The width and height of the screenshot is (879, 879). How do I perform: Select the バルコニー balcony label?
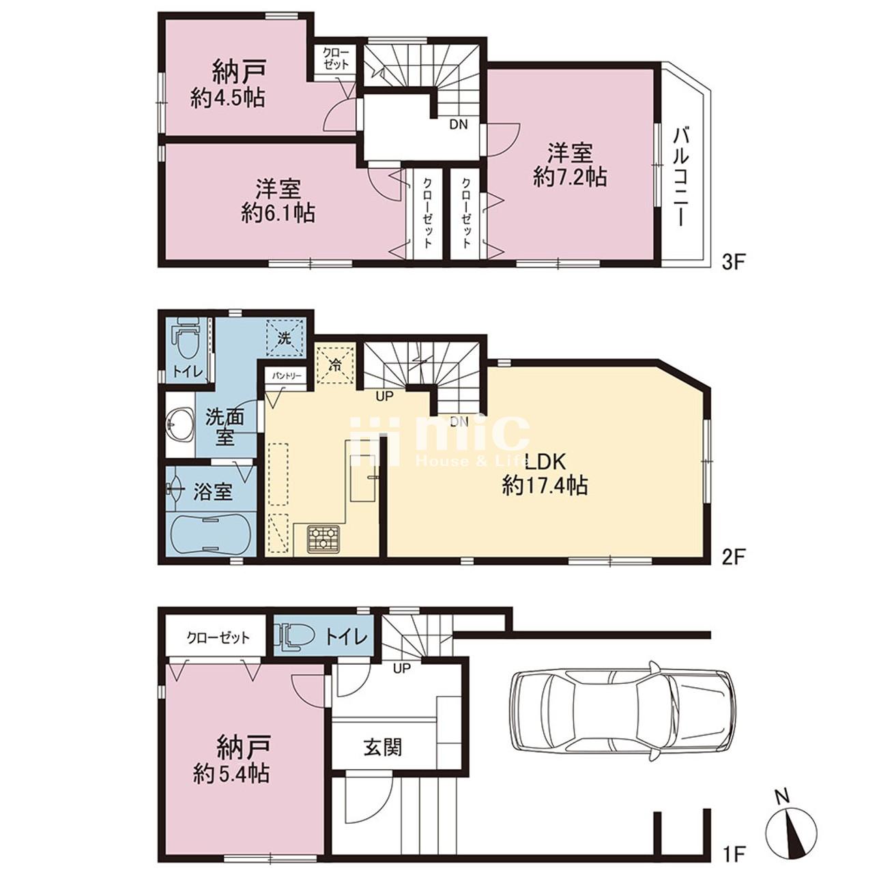click(682, 177)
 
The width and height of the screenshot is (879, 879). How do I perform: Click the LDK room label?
click(545, 462)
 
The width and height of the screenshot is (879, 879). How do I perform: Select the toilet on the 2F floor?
click(186, 338)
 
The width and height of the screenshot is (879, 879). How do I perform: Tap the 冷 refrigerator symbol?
click(335, 364)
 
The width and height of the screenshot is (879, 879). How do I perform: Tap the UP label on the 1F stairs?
click(402, 669)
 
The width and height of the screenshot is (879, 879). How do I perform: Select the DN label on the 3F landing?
click(459, 124)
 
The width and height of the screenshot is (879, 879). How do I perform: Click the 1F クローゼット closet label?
click(218, 637)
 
